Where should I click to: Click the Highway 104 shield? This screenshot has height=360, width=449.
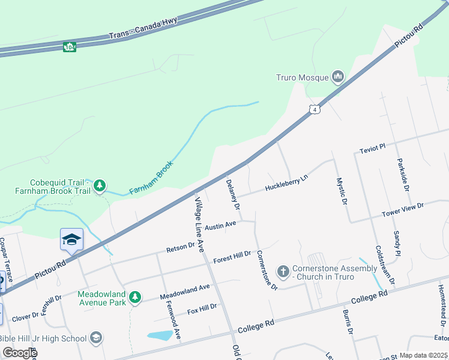point(69,46)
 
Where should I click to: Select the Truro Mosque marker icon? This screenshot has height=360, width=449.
point(337,77)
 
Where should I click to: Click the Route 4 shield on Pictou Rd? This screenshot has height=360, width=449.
point(314,109)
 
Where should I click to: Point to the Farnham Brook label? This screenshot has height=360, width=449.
point(151,178)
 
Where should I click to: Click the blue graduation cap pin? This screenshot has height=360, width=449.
point(71,240)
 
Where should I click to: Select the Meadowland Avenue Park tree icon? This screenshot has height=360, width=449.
point(136,297)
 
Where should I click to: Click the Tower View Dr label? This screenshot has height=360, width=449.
point(403,210)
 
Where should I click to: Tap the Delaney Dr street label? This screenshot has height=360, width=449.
point(233,194)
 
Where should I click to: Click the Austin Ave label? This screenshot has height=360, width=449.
point(220,226)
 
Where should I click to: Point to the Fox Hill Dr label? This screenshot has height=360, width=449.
point(202,309)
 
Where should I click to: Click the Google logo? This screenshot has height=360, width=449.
point(19,353)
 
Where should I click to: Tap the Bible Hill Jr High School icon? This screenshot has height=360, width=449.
point(95,338)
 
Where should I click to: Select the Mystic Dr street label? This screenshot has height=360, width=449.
point(342,191)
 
